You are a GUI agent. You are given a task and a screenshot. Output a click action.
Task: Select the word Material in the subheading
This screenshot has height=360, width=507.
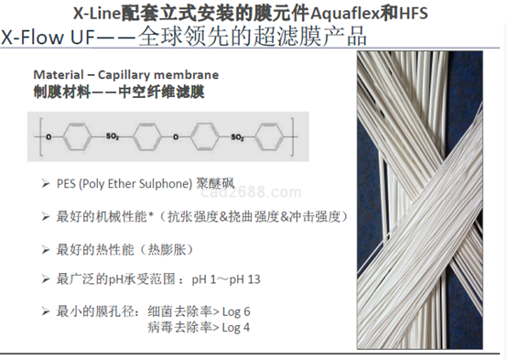point(58,73)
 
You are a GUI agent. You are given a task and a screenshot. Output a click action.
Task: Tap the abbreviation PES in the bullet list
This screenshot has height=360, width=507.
point(66,184)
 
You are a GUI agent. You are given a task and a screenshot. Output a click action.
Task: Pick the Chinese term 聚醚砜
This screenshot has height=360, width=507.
point(216,184)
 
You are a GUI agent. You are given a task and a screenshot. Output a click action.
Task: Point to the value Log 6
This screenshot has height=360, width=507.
point(241,310)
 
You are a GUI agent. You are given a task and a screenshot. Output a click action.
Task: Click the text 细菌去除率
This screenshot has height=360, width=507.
point(178,310)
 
